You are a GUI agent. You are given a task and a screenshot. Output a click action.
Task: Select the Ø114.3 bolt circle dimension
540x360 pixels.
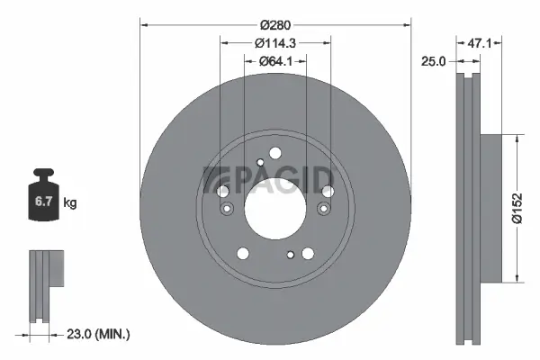tap(275, 43)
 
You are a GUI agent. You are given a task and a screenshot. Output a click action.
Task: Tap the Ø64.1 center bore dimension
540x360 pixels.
tap(276, 61)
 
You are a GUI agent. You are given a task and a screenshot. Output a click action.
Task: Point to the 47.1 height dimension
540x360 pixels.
tap(478, 43)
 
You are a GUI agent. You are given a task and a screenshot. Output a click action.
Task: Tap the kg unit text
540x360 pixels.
tap(70, 203)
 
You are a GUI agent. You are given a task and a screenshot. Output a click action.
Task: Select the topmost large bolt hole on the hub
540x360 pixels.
tap(276, 152)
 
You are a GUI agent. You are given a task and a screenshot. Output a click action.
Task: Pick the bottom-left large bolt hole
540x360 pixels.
tap(243, 253)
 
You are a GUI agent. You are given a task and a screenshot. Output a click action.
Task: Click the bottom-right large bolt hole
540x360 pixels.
tap(307, 253)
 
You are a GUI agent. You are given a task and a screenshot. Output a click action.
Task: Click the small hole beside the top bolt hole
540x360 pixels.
tap(260, 162)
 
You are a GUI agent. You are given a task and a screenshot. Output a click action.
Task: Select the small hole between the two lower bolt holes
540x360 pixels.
tap(290, 255)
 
